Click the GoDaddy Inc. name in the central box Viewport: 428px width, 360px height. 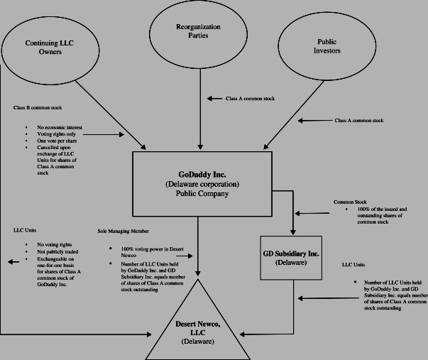[x=202, y=175]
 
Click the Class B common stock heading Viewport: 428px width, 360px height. [x=38, y=108]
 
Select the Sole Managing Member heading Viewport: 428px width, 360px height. [x=123, y=231]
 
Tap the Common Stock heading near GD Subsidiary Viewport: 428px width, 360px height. [x=350, y=202]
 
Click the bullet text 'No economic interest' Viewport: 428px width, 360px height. [x=60, y=127]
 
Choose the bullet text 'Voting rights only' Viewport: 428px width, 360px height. [x=57, y=134]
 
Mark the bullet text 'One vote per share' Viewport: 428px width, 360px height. [x=57, y=141]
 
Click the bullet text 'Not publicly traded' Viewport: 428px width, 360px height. [x=57, y=251]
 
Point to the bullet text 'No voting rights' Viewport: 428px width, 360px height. [x=55, y=244]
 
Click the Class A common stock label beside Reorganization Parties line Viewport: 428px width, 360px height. [x=250, y=99]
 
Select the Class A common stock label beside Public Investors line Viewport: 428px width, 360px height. [x=359, y=121]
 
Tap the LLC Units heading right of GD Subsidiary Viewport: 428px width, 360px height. [x=353, y=265]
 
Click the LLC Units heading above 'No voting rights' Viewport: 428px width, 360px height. [x=25, y=230]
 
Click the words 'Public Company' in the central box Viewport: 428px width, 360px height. [x=202, y=193]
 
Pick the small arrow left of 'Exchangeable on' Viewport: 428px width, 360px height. [x=13, y=262]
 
